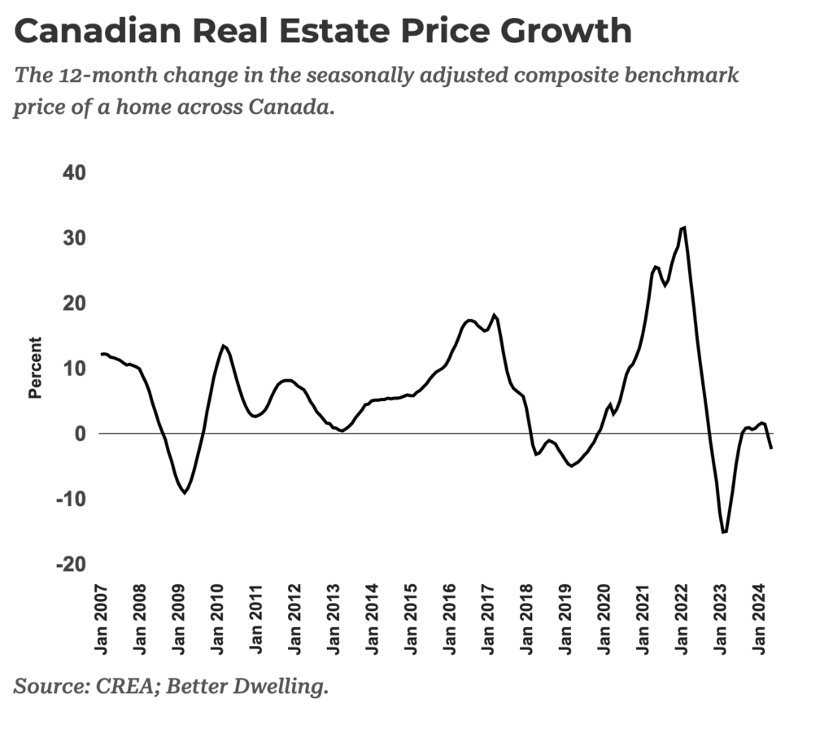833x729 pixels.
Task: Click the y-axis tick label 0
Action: (81, 434)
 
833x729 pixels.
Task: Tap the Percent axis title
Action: (35, 368)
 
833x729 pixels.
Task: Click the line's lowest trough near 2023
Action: (723, 532)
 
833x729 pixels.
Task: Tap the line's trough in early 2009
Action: (185, 493)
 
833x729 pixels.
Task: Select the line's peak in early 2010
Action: (223, 346)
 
